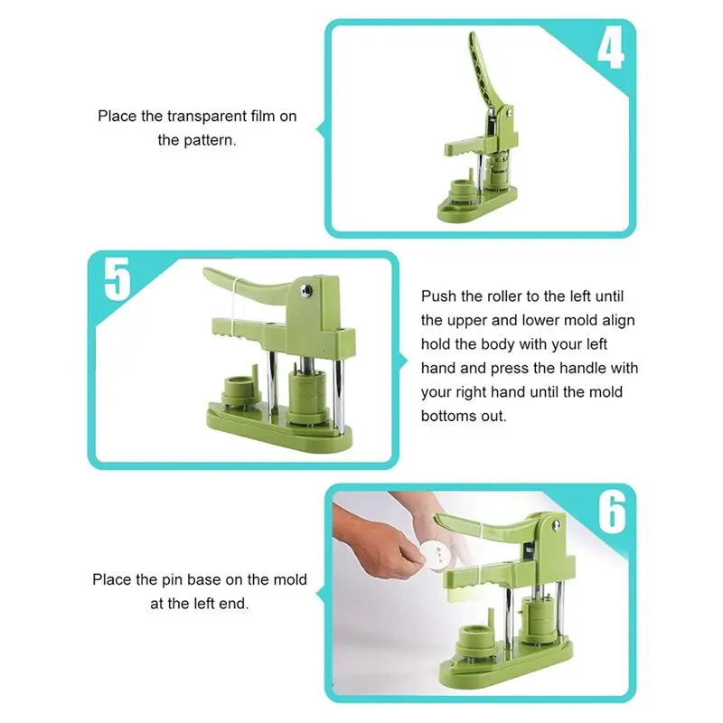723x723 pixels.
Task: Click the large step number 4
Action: [611, 48]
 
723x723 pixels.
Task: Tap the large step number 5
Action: [117, 279]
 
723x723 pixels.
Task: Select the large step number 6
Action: [613, 512]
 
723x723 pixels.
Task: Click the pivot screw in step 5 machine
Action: [305, 290]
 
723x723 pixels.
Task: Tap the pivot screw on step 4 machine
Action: [509, 112]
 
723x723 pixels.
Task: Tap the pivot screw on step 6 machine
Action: [557, 524]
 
